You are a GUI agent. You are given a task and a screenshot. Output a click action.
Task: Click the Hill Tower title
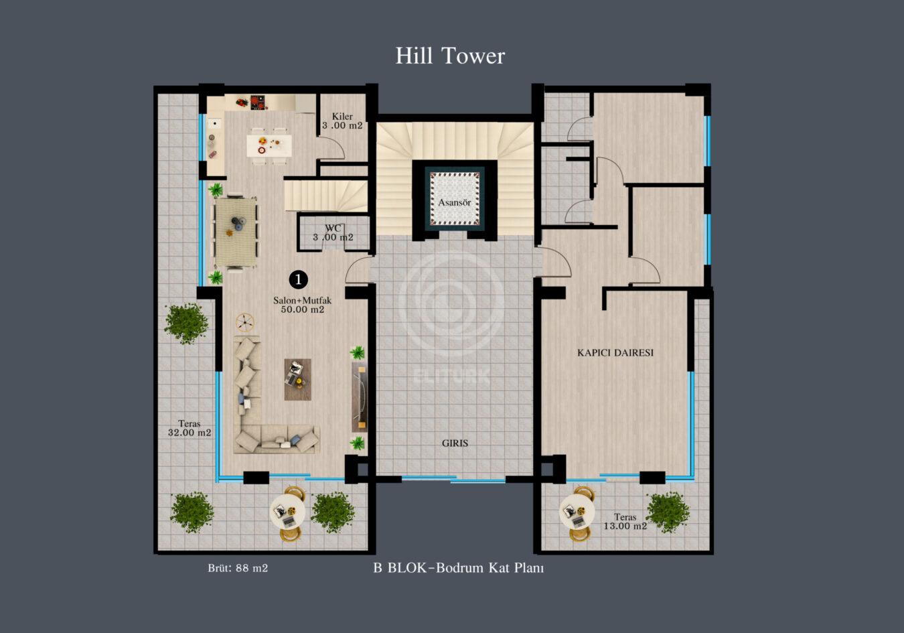(x=450, y=56)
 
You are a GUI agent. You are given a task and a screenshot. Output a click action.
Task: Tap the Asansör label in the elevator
(x=455, y=202)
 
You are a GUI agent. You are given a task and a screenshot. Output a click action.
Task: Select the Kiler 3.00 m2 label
(x=342, y=121)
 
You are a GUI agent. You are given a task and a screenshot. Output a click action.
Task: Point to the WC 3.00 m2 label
(x=333, y=233)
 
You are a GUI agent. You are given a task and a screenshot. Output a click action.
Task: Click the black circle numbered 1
(x=299, y=279)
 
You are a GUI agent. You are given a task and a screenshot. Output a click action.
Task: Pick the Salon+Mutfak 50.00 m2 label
(x=302, y=305)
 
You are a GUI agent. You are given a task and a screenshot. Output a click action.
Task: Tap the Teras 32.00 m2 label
(x=190, y=428)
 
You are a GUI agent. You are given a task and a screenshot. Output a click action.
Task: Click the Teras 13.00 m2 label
(x=625, y=521)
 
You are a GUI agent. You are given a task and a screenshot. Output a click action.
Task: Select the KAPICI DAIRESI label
(x=615, y=352)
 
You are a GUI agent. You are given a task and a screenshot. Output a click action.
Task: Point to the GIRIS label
(x=455, y=443)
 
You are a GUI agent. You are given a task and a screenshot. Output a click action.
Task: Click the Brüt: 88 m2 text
(x=238, y=568)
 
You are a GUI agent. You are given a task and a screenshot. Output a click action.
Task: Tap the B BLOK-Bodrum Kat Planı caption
(x=459, y=568)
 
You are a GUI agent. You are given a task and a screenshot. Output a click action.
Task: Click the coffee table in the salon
(x=297, y=380)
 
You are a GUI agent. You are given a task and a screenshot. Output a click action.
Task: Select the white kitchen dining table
(x=269, y=146)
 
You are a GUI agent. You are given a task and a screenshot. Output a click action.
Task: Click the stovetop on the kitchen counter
(x=258, y=102)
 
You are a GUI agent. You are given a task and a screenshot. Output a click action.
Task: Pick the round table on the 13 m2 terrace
(x=577, y=513)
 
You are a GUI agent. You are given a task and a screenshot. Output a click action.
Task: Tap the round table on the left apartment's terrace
(x=287, y=513)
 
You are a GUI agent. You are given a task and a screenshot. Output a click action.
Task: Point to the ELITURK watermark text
(x=451, y=376)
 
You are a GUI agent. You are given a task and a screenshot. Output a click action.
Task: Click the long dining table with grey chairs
(x=236, y=232)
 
